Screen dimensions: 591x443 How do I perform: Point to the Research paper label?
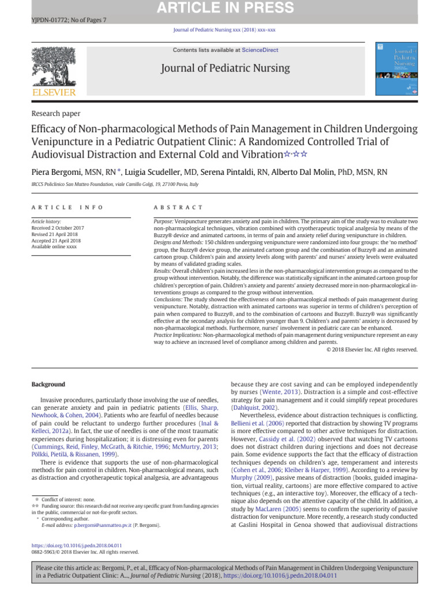(56, 114)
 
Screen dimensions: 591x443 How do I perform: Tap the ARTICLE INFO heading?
(67, 207)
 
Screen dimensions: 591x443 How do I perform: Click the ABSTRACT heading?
(178, 207)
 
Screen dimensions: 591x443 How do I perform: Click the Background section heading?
(48, 384)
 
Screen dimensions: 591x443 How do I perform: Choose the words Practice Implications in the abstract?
(177, 335)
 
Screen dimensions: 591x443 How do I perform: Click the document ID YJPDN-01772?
(48, 20)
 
